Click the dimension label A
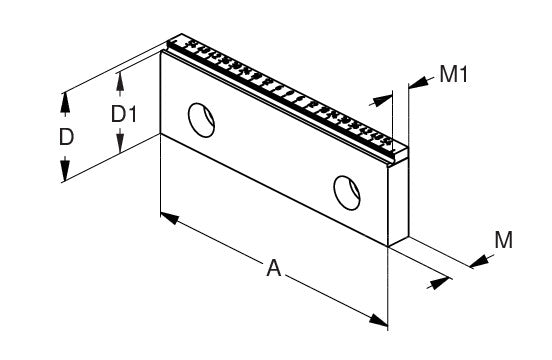(x=274, y=268)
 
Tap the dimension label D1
(x=124, y=114)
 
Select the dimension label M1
(x=454, y=74)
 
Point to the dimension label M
(x=503, y=240)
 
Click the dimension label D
(x=66, y=137)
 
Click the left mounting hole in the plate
(x=201, y=120)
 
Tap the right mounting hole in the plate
(x=347, y=192)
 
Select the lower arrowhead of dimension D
(x=65, y=171)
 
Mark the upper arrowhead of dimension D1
(x=120, y=82)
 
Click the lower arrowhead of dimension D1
(x=120, y=141)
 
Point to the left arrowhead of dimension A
(x=170, y=218)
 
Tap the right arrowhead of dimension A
(x=378, y=320)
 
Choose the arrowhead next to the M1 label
(x=418, y=83)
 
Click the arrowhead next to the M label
(x=479, y=261)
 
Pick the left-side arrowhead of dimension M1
(x=383, y=100)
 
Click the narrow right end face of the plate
(x=398, y=202)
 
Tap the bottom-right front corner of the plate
(x=388, y=246)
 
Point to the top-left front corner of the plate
(x=161, y=52)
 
